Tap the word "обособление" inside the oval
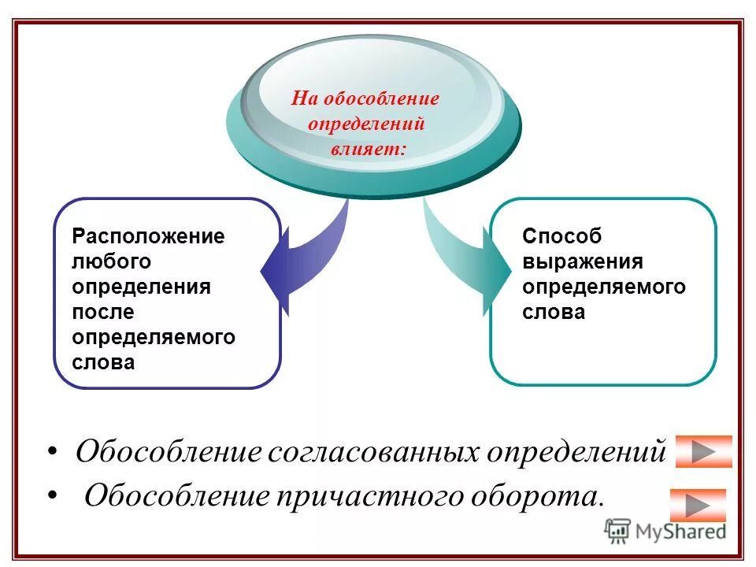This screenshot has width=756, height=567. [376, 99]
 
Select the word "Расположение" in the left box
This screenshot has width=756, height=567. [148, 236]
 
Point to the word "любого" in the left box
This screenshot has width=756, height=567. [111, 261]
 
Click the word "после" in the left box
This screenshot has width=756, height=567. [103, 312]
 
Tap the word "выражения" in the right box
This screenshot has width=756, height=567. [583, 261]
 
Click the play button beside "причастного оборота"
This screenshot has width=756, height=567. [698, 505]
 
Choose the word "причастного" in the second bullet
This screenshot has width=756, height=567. [369, 496]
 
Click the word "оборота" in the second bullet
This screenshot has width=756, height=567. [538, 496]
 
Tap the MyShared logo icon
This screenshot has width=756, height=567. [618, 532]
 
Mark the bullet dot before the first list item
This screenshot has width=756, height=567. [53, 452]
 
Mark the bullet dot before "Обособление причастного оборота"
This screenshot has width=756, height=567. [53, 495]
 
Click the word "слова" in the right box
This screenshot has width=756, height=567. [554, 312]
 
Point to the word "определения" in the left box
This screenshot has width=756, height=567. [141, 287]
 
